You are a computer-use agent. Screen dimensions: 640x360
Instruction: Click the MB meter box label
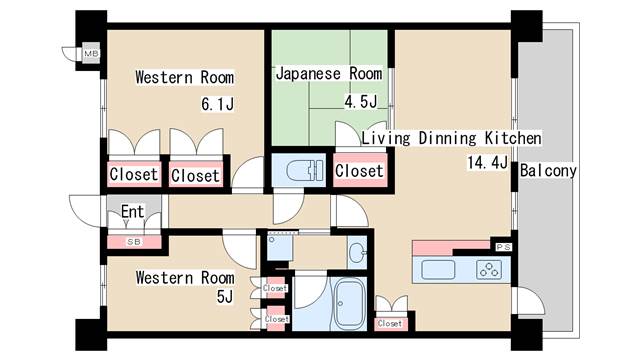(x=91, y=53)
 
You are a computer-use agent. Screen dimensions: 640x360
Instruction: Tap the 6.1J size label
(x=218, y=104)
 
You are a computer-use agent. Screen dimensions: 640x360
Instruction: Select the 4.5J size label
(x=361, y=101)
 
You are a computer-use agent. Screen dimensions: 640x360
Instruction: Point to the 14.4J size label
(x=487, y=163)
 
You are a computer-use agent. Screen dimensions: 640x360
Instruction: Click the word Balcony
(x=548, y=171)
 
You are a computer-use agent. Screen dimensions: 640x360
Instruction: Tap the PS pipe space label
(x=503, y=247)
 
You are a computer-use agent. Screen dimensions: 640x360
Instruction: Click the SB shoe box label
(x=134, y=242)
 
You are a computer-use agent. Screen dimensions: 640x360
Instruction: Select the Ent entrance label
(x=133, y=211)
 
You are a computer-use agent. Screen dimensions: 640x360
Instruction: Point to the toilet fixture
(x=305, y=170)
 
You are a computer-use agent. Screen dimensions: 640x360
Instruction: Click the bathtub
(x=350, y=304)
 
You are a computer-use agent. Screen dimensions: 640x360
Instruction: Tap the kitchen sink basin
(x=438, y=270)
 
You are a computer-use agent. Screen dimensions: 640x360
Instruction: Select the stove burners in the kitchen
(x=489, y=270)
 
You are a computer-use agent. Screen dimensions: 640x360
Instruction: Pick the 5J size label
(x=225, y=297)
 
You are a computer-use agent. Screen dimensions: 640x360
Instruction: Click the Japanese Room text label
(x=329, y=74)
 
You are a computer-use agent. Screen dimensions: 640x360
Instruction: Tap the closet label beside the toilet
(x=359, y=171)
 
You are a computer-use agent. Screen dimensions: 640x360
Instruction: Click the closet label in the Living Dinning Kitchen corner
(x=390, y=324)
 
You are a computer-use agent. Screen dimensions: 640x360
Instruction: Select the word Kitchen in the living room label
(x=513, y=138)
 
